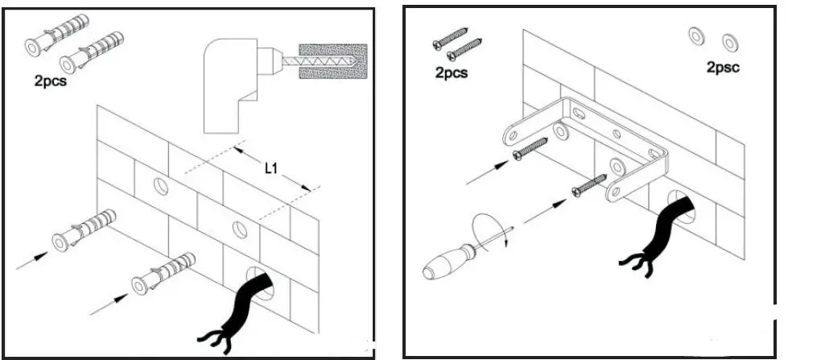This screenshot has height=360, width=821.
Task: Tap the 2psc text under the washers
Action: pos(722,68)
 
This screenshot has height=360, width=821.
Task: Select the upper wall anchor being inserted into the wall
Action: pos(85,227)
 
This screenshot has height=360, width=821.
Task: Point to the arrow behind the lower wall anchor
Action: pos(108,302)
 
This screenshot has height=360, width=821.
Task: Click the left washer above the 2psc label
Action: pos(695,36)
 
